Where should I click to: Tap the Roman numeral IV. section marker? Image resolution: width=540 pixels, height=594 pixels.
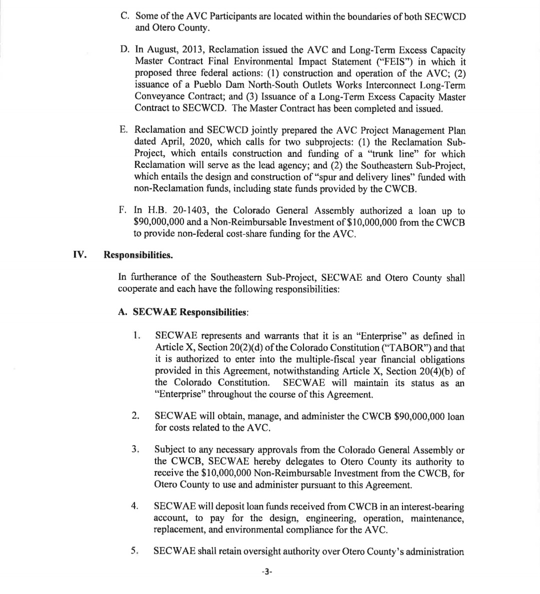79,255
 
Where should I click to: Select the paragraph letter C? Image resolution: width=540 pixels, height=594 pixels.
125,16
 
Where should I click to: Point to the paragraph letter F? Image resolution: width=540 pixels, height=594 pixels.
123,211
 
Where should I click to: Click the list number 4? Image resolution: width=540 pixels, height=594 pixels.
134,506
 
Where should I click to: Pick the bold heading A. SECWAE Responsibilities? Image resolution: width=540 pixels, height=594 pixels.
182,312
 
